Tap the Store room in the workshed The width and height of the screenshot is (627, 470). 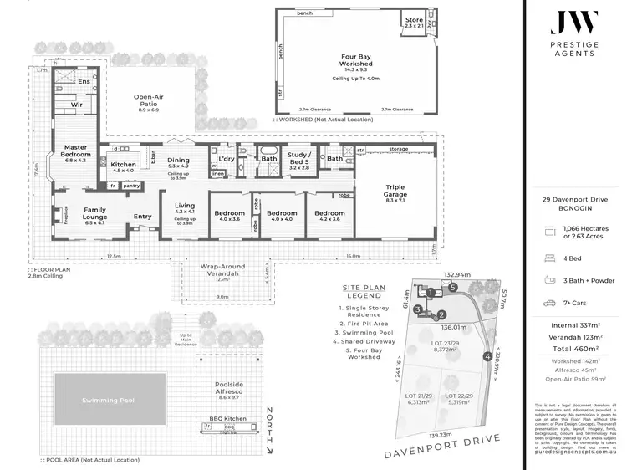click(x=414, y=23)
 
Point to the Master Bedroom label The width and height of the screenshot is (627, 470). click(x=75, y=155)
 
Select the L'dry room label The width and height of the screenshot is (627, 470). click(x=226, y=159)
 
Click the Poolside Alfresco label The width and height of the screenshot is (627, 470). click(x=222, y=390)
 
